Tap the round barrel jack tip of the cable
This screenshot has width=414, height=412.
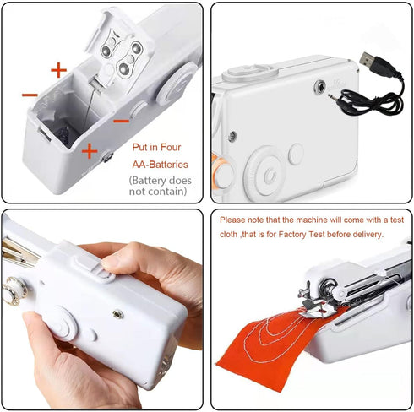[x=330, y=97]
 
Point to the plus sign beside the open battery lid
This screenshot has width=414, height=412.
[x=58, y=70]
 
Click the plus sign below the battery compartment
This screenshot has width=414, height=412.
[x=89, y=151]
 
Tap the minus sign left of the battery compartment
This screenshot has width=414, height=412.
[x=30, y=95]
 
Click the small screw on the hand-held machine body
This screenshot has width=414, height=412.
[x=117, y=314]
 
